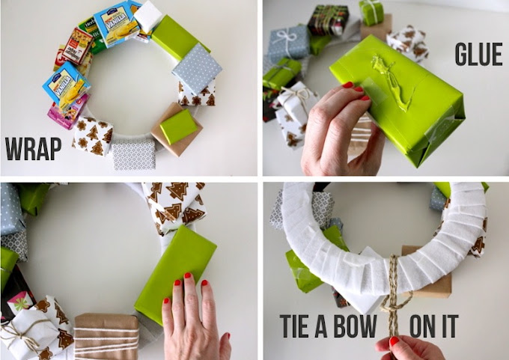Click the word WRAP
(x=33, y=148)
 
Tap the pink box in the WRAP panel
(x=67, y=113)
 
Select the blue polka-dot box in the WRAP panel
(x=197, y=69)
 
